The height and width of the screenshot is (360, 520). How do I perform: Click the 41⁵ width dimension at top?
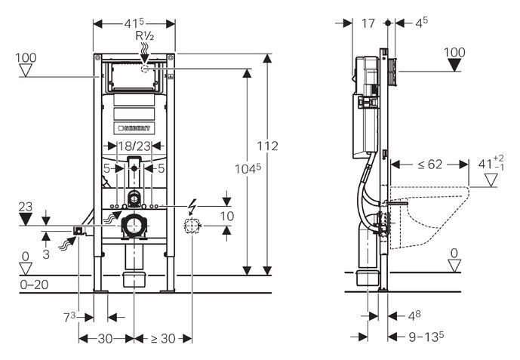click(134, 23)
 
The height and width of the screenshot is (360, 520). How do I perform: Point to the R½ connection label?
click(145, 36)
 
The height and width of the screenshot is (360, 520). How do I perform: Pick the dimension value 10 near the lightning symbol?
click(226, 217)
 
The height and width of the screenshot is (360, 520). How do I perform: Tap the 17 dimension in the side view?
click(368, 23)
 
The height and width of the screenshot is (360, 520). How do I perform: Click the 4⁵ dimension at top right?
click(421, 23)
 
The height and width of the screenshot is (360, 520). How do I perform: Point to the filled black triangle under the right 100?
click(455, 66)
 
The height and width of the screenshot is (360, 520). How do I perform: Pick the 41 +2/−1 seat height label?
click(491, 163)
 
